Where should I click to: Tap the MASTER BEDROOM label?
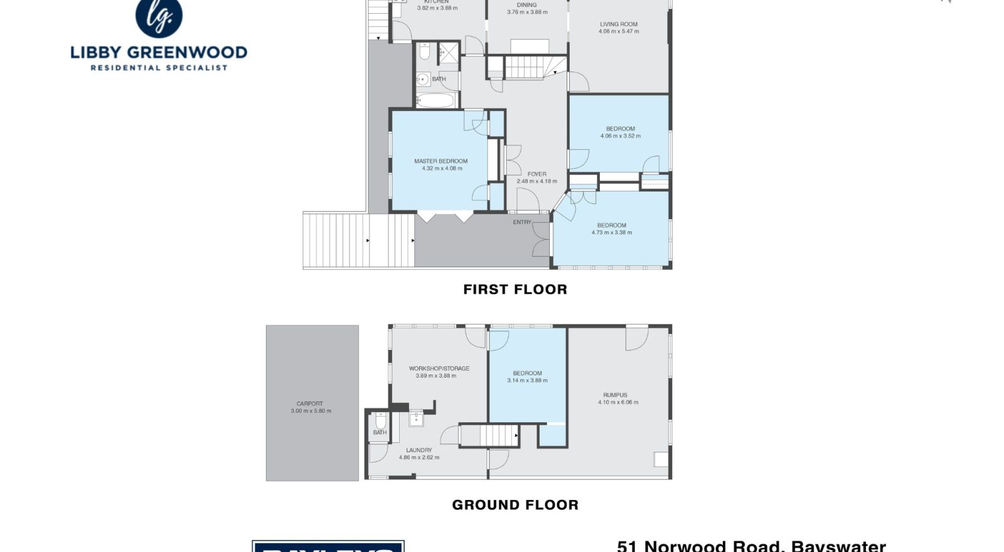[441, 161]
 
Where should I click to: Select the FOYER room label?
[537, 174]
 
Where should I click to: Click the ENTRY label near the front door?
[522, 222]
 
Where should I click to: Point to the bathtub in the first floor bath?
[435, 100]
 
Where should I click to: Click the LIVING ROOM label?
[618, 24]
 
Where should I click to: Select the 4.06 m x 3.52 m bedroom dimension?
[620, 136]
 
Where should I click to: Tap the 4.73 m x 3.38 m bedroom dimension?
[611, 233]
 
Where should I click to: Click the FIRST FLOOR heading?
[515, 289]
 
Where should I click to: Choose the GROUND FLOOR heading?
[515, 505]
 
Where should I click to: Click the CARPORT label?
[310, 404]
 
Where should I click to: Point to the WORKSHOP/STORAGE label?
[439, 369]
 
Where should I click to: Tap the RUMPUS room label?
[615, 395]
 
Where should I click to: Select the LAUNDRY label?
[419, 450]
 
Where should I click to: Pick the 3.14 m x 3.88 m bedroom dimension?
[527, 381]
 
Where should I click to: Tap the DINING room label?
[526, 5]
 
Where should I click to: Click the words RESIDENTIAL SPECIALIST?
[159, 68]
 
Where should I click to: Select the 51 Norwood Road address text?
[751, 546]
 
